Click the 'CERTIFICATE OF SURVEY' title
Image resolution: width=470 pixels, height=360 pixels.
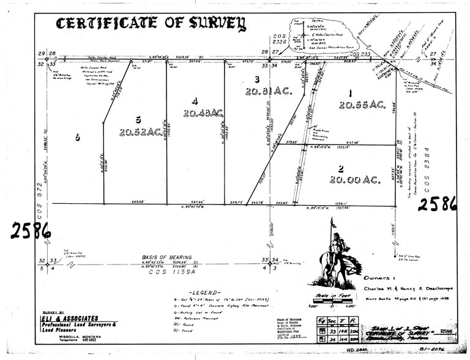click(x=151, y=24)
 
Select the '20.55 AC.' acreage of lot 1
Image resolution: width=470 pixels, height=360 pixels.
click(x=362, y=105)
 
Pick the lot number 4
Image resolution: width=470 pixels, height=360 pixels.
click(x=193, y=101)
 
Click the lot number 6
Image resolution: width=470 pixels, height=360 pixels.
click(x=77, y=138)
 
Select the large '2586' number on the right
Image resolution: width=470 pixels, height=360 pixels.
click(x=437, y=203)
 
